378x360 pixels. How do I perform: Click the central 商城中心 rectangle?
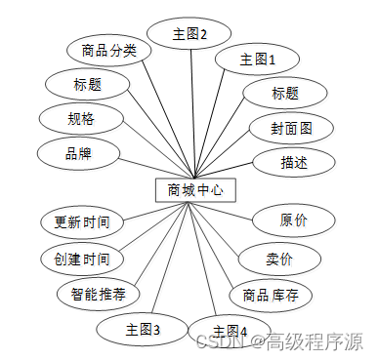pos(194,189)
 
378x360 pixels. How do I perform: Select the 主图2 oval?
pos(190,33)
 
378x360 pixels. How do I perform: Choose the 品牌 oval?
pos(79,153)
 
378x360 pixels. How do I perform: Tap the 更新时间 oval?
pos(82,221)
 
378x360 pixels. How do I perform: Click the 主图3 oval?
pos(143,329)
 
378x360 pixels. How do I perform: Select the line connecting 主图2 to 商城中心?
pos(192,107)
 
